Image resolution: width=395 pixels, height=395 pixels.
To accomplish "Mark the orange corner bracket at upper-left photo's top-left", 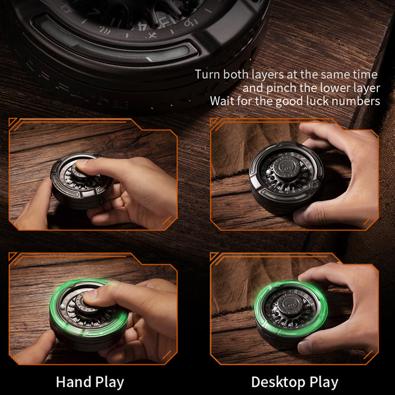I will (13, 123).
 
